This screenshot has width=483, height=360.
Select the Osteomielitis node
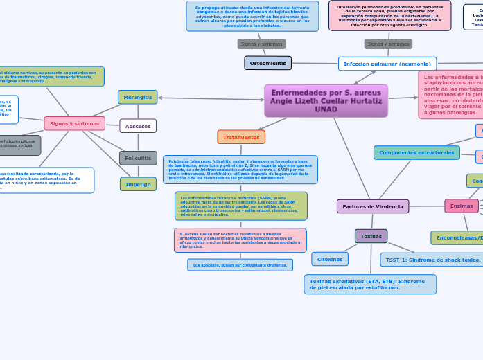pyautogui.click(x=267, y=63)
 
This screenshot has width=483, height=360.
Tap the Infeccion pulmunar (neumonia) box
pyautogui.click(x=387, y=64)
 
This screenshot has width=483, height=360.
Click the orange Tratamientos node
pyautogui.click(x=241, y=137)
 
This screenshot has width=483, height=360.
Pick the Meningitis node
pyautogui.click(x=137, y=97)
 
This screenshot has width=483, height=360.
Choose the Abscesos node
pyautogui.click(x=138, y=126)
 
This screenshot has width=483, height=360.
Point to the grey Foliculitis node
pyautogui.click(x=138, y=158)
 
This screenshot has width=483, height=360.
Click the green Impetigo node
pyautogui.click(x=138, y=184)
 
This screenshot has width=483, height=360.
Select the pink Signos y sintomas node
pyautogui.click(x=74, y=123)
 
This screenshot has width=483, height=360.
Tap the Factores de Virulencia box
pyautogui.click(x=373, y=206)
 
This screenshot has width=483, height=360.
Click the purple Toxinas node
pyautogui.click(x=371, y=236)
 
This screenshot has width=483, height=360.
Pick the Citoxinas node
pyautogui.click(x=330, y=259)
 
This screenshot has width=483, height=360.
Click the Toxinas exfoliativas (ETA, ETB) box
pyautogui.click(x=370, y=285)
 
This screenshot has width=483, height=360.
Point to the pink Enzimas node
pyautogui.click(x=462, y=206)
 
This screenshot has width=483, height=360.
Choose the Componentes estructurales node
pyautogui.click(x=416, y=152)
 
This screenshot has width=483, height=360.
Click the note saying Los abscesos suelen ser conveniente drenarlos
pyautogui.click(x=240, y=265)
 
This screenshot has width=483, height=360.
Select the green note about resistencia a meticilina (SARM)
pyautogui.click(x=240, y=206)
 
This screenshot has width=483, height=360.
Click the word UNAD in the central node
pyautogui.click(x=326, y=109)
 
